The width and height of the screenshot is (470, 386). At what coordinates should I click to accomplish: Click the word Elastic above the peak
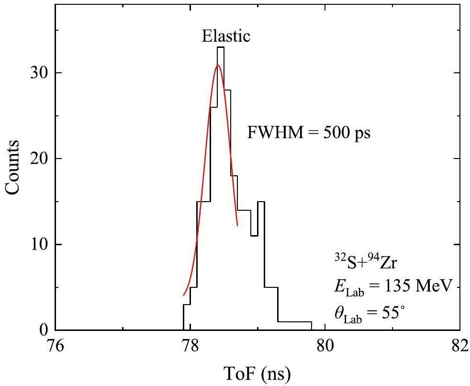[x=226, y=36]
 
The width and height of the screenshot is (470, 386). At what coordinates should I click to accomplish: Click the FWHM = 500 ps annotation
[x=309, y=132]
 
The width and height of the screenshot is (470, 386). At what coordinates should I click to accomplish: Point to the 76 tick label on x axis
[x=56, y=346]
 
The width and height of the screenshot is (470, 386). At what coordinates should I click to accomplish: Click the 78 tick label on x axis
[x=190, y=346]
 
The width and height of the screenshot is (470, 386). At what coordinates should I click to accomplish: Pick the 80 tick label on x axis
[x=325, y=346]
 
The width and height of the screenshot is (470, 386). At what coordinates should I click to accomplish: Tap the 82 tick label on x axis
[x=459, y=346]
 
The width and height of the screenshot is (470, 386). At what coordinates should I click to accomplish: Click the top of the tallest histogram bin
[x=220, y=47]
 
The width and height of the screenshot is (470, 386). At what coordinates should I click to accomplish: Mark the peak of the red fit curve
[x=218, y=65]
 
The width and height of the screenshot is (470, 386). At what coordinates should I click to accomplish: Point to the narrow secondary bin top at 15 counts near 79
[x=261, y=202]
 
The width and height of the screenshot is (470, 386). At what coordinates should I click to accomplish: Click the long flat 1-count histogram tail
[x=295, y=322]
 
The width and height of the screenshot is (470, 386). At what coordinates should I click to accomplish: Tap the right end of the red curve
[x=237, y=225]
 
